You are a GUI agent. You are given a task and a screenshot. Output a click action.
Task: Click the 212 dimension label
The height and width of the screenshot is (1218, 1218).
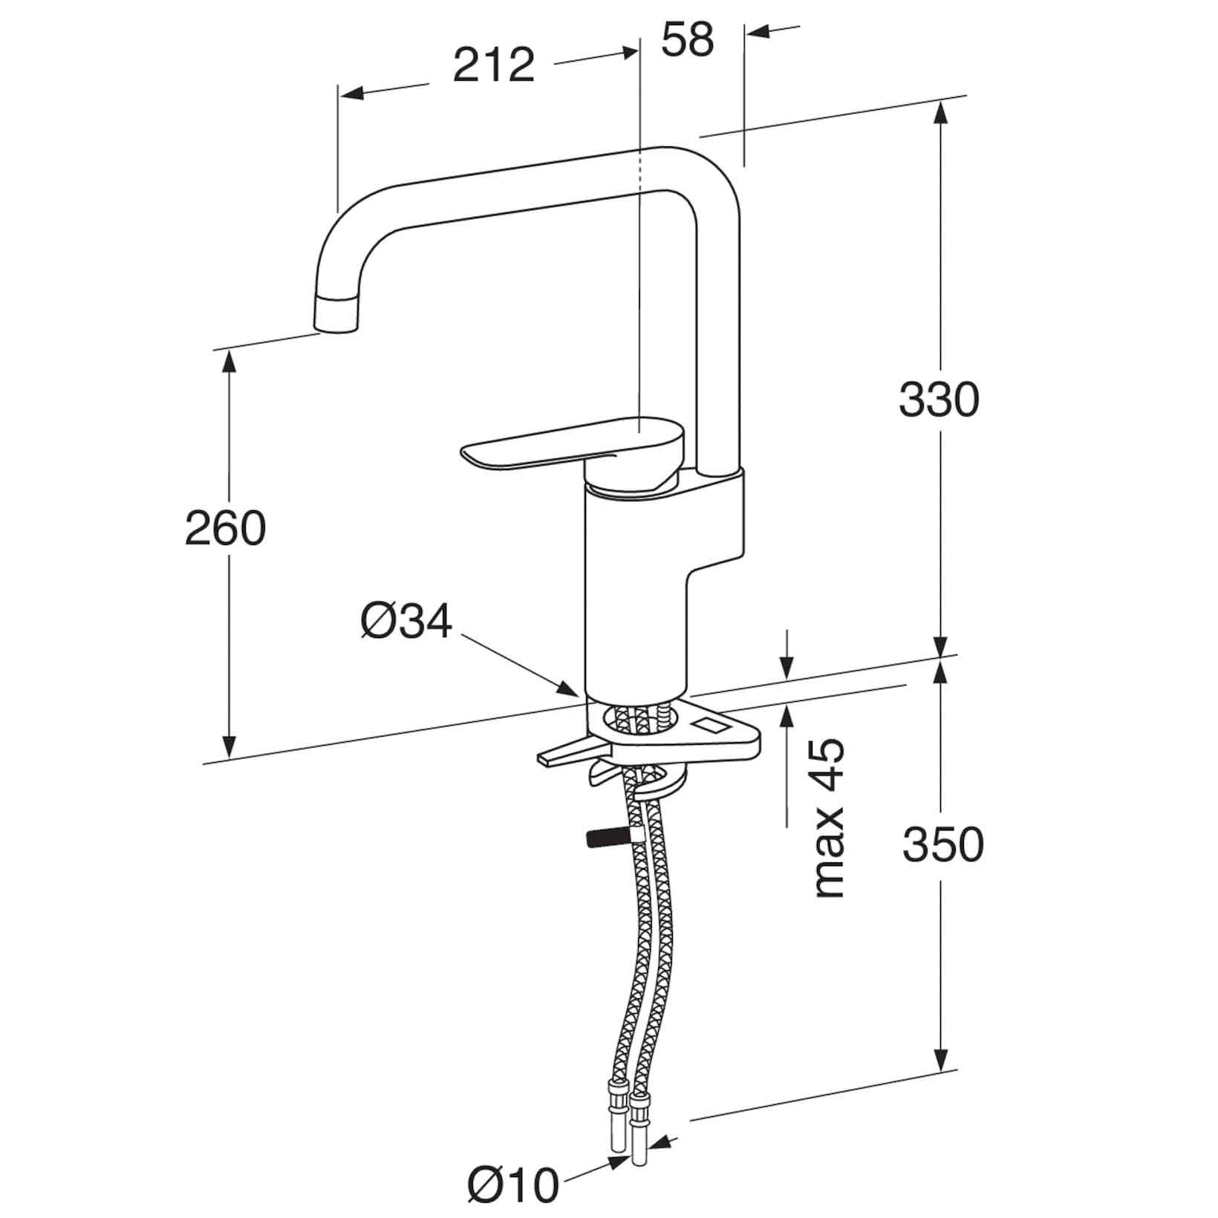click(x=494, y=65)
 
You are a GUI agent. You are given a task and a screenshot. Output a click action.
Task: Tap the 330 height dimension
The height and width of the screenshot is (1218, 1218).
click(x=939, y=400)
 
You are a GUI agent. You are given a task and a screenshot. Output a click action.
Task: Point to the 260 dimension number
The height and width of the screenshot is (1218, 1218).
click(x=225, y=529)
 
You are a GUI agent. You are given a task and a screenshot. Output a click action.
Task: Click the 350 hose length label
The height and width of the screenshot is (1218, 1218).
click(x=943, y=844)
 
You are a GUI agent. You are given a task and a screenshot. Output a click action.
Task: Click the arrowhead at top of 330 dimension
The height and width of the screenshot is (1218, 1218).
click(x=940, y=115)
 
